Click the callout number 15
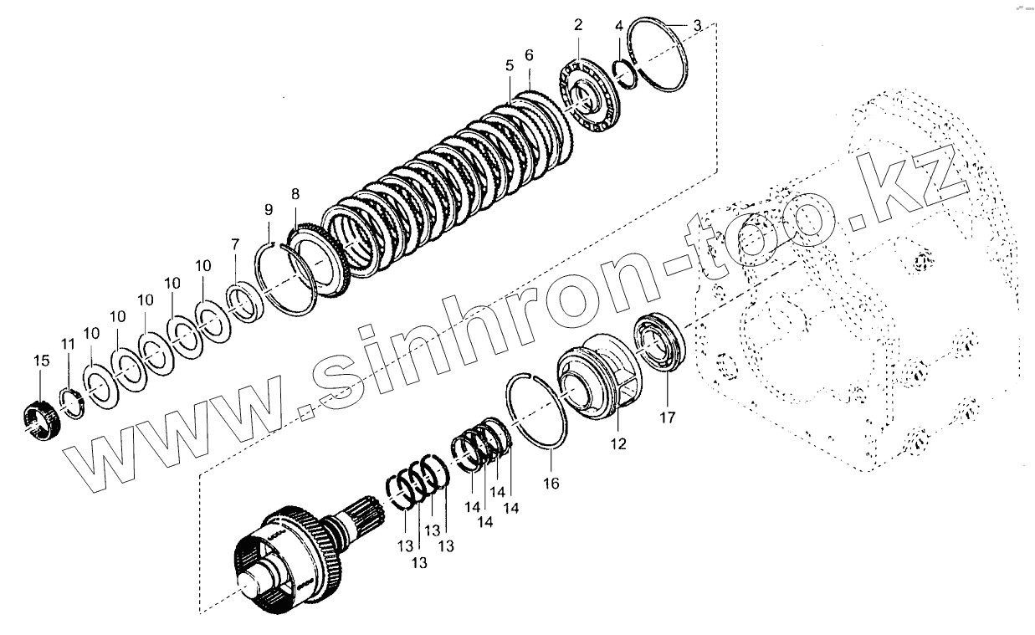pos(41,361)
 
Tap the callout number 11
pos(68,344)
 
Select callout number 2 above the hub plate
pos(578,24)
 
